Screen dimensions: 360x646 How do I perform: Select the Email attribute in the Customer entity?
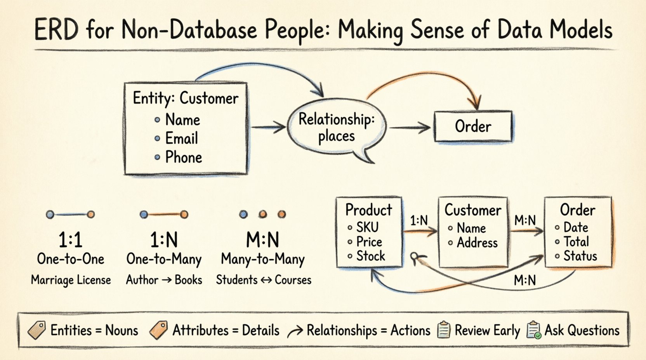click(181, 138)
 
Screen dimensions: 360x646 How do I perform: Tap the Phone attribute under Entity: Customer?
click(183, 157)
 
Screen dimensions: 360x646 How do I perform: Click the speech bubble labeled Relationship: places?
click(336, 128)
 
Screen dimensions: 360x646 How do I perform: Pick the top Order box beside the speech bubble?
click(473, 126)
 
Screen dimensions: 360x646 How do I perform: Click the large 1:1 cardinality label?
click(70, 240)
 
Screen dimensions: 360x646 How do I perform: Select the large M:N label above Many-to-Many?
click(262, 240)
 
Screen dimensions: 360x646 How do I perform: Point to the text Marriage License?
click(71, 280)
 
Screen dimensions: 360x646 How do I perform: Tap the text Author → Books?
click(164, 280)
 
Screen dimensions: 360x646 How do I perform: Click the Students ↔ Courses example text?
click(264, 280)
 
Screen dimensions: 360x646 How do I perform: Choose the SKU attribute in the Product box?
click(367, 227)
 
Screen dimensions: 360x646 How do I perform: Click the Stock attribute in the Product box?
click(370, 256)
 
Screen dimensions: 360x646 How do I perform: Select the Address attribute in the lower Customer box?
click(477, 243)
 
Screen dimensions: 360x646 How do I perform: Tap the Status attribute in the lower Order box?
click(580, 256)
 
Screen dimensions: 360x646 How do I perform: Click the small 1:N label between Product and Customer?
click(419, 221)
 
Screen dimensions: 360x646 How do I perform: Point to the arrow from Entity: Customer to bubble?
click(268, 127)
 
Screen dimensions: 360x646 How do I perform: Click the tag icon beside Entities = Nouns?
click(37, 330)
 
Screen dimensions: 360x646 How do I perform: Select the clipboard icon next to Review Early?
click(444, 330)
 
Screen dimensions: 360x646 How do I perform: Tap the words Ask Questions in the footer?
click(582, 331)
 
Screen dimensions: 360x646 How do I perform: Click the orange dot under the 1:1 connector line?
click(91, 214)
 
